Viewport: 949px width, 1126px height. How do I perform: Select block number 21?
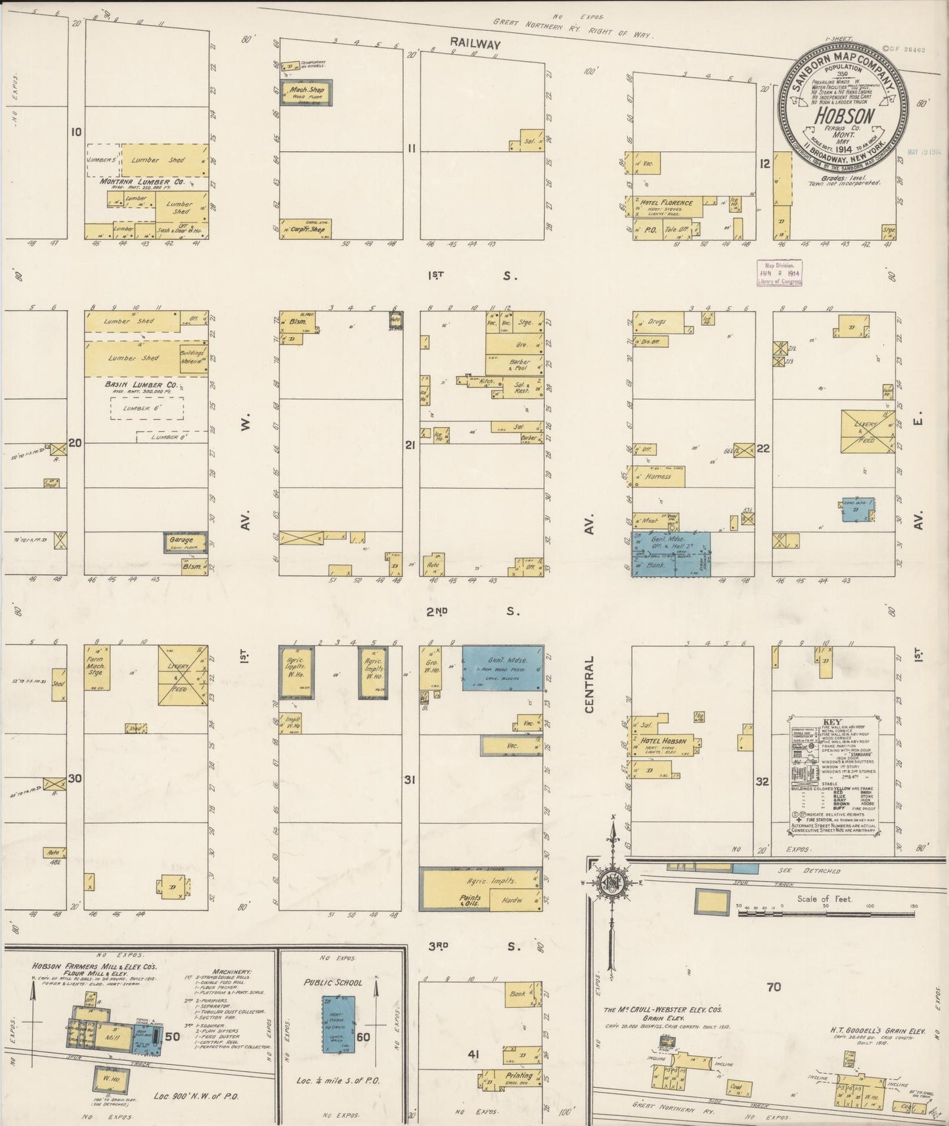click(410, 446)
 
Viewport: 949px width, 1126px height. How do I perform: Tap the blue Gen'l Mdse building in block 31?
click(503, 667)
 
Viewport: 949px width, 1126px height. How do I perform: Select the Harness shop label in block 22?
click(658, 476)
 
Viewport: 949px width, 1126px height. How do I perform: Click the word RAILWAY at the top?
click(475, 44)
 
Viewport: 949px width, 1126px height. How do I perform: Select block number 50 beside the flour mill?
click(173, 1037)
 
